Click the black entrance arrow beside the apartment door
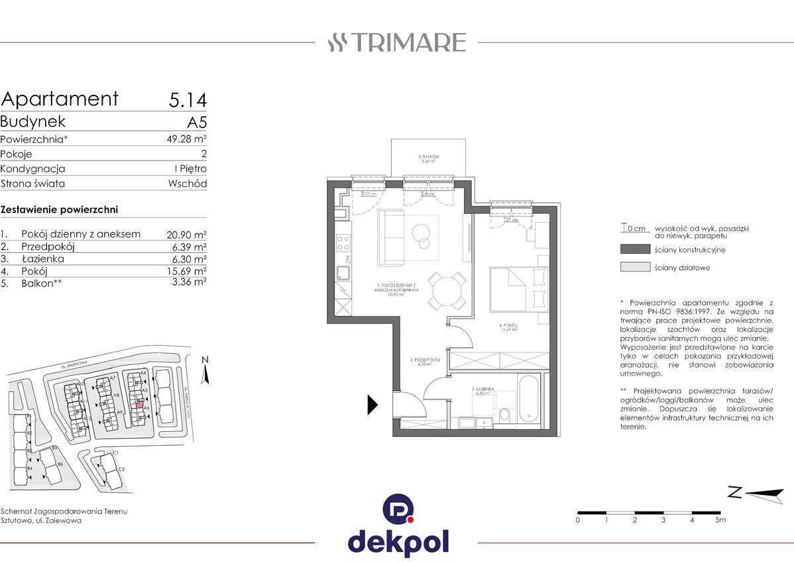pyautogui.click(x=372, y=404)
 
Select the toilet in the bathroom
pyautogui.click(x=504, y=415)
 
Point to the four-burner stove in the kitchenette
pyautogui.click(x=343, y=246)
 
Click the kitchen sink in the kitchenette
pyautogui.click(x=343, y=272)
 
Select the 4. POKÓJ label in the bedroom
pyautogui.click(x=507, y=326)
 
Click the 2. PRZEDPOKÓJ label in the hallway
pyautogui.click(x=421, y=360)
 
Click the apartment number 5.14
pyautogui.click(x=188, y=100)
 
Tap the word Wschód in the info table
pyautogui.click(x=187, y=184)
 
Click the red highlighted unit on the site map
pyautogui.click(x=139, y=403)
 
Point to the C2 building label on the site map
pyautogui.click(x=121, y=469)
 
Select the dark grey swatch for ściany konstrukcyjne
pyautogui.click(x=635, y=249)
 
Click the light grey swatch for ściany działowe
pyautogui.click(x=635, y=267)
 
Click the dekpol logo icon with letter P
pyautogui.click(x=398, y=510)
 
